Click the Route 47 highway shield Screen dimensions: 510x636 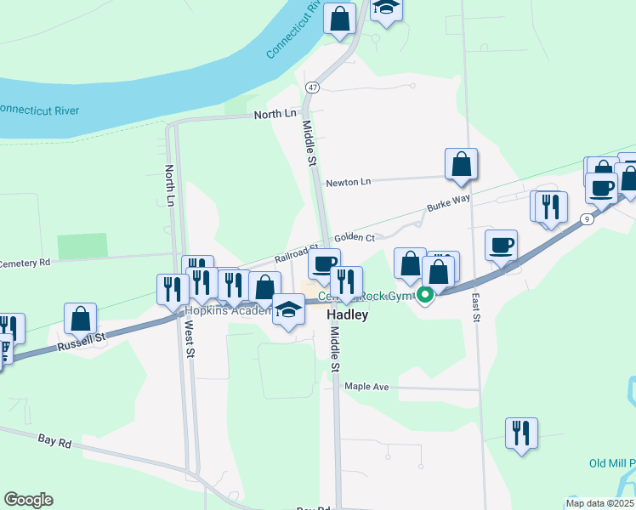coord(313,88)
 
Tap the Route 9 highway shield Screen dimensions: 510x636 coord(587,219)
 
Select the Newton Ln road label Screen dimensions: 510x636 coord(349,182)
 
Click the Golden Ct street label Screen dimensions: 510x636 coord(355,238)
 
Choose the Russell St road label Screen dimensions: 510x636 coord(82,343)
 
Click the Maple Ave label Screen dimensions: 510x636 coord(366,387)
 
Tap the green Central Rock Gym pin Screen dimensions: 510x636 coord(424,296)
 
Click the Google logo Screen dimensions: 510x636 coord(28,500)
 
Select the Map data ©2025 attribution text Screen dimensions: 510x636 coord(599,503)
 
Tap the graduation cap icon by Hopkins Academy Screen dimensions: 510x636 coord(289,309)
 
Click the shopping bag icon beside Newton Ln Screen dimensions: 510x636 coord(461,164)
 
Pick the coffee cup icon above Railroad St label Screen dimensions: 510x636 coord(324,264)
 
